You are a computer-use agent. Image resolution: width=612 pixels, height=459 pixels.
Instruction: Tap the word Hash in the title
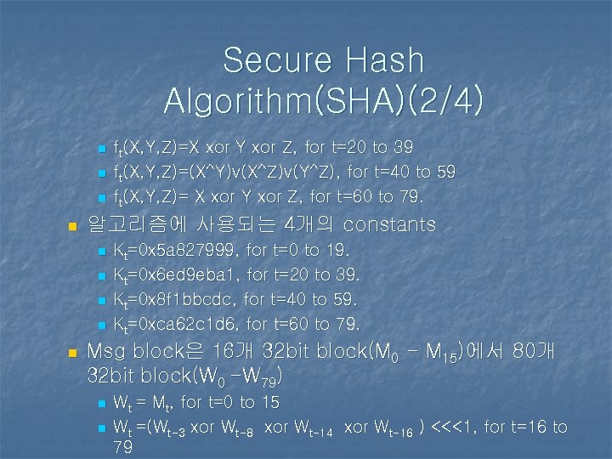[x=384, y=60]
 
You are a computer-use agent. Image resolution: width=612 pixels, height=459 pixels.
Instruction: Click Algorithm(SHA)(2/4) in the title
[x=325, y=100]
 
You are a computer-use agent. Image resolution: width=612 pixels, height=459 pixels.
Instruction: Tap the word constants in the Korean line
[x=389, y=225]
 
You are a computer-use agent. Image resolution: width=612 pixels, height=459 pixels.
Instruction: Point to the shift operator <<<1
[x=460, y=427]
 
